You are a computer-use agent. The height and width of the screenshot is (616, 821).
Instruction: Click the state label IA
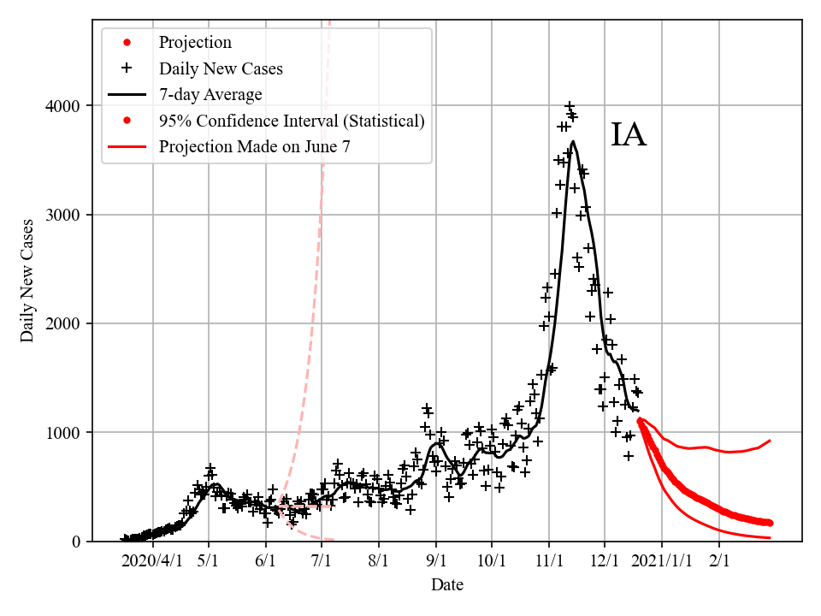click(x=629, y=136)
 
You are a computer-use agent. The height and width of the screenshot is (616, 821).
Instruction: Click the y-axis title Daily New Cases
click(x=28, y=281)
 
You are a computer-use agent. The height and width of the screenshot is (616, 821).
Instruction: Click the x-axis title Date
click(x=447, y=585)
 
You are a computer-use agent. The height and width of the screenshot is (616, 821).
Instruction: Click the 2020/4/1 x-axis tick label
click(x=151, y=560)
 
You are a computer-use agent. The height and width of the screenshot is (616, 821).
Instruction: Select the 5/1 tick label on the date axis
click(x=210, y=560)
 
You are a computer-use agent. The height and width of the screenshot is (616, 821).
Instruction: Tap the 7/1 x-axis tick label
click(x=322, y=560)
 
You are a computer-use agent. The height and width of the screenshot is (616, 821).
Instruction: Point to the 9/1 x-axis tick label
click(x=436, y=560)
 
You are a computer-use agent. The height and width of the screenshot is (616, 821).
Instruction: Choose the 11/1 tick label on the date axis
click(x=548, y=560)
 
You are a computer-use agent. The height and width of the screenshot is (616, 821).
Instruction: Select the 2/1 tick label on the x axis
click(x=719, y=560)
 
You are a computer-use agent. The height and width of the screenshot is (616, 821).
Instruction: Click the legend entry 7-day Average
click(x=210, y=94)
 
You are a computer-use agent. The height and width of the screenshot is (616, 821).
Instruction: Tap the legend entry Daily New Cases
click(x=221, y=68)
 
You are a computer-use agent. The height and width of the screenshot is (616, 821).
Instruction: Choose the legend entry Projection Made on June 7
click(x=254, y=146)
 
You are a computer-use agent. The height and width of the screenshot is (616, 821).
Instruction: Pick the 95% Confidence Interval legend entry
click(x=291, y=121)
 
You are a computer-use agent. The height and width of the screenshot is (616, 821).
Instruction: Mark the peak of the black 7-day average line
click(x=572, y=142)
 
